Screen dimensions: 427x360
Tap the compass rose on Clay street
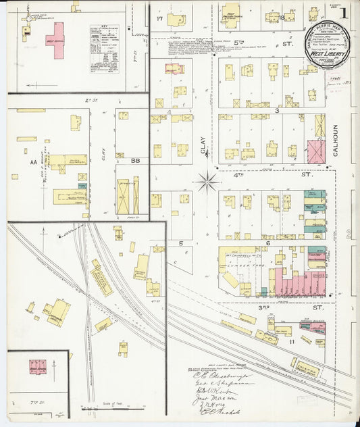207,180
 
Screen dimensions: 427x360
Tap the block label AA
33,163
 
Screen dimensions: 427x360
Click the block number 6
268,242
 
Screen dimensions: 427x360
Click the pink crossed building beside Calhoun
315,151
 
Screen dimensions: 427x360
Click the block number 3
277,109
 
